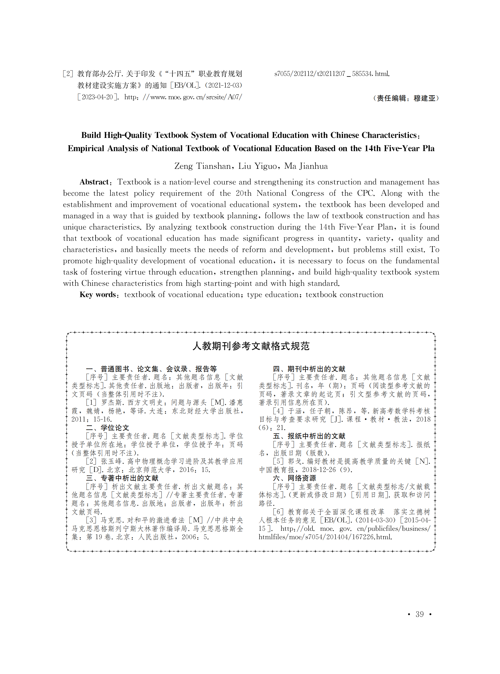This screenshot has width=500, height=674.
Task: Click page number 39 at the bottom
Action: click(419, 614)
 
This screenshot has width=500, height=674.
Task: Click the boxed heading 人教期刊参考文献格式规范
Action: click(251, 346)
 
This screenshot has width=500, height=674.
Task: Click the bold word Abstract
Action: click(94, 182)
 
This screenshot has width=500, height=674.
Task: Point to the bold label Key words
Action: click(98, 294)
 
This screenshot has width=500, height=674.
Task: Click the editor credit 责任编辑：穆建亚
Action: click(406, 98)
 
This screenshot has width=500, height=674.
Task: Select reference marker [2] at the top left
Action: click(68, 74)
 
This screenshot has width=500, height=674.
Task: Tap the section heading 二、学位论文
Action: click(108, 428)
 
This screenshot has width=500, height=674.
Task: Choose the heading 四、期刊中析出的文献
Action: click(309, 369)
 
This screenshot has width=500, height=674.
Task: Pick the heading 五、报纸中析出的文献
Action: click(309, 436)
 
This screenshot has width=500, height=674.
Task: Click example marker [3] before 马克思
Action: click(91, 520)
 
